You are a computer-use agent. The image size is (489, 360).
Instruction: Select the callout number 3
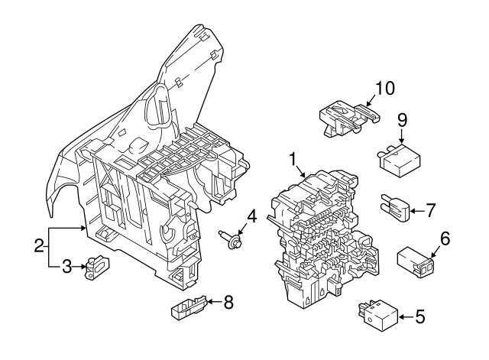pos(66,266)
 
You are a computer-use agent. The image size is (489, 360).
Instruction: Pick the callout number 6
pos(445,238)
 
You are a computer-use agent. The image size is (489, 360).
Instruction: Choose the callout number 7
pos(430,208)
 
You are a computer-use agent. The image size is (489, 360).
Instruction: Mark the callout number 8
pos(227,302)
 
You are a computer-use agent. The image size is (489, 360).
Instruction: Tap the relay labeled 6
pos(415,261)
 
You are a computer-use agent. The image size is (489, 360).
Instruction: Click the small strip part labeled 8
pos(186,309)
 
